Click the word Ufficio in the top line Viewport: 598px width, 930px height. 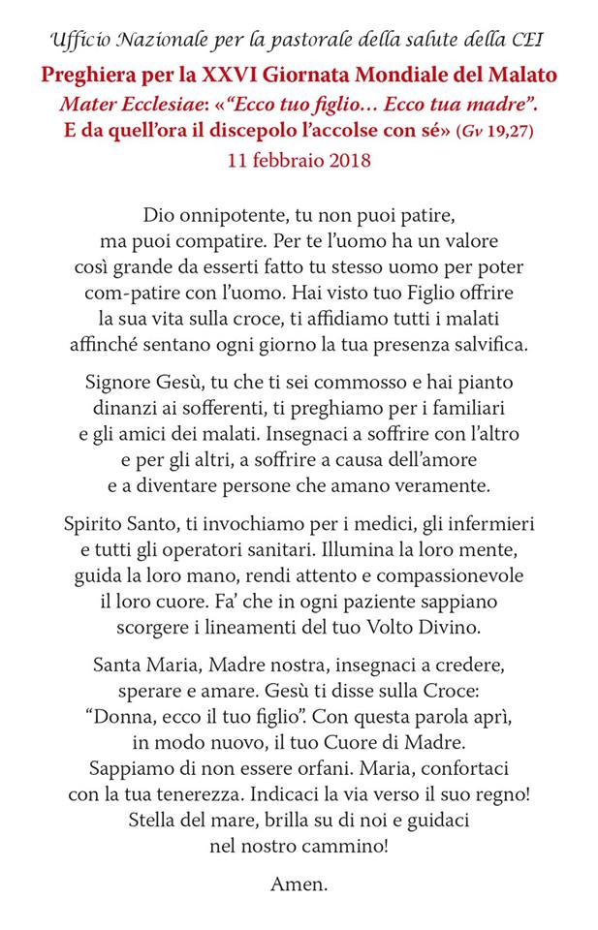tap(79, 40)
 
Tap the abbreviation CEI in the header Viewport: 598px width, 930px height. tap(525, 40)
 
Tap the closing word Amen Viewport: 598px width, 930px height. tap(299, 883)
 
